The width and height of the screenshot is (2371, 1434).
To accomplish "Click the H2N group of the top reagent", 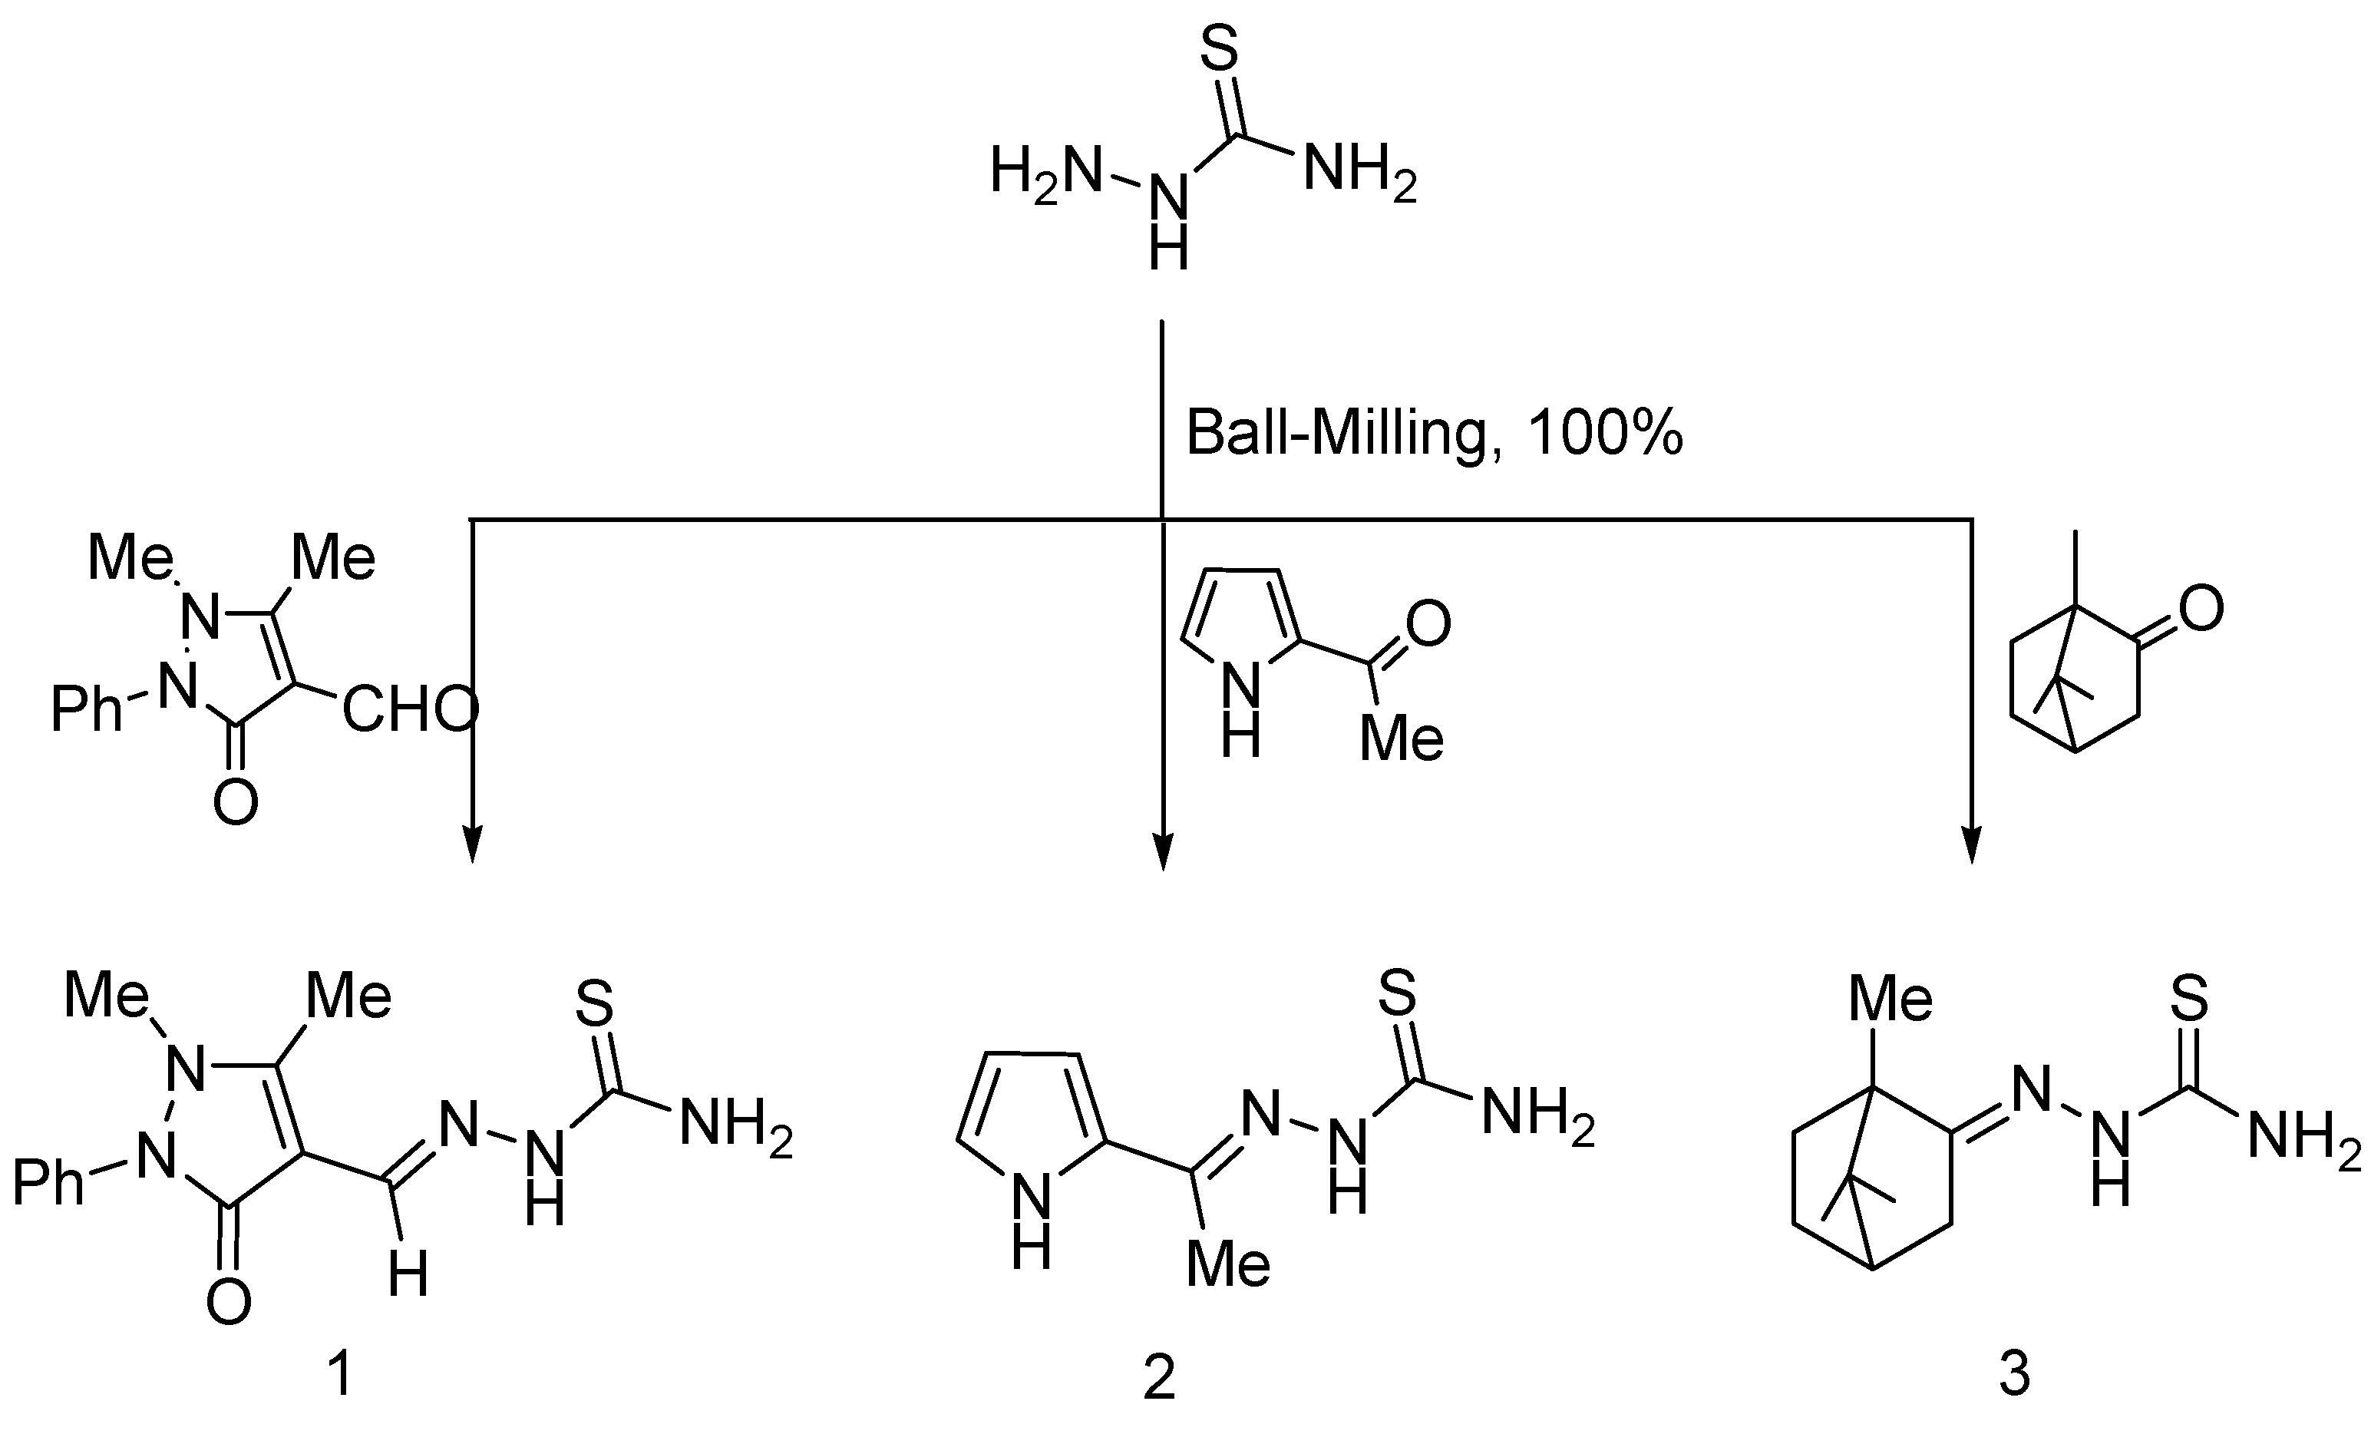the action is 1045,175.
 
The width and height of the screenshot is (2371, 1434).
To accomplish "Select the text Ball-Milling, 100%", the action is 1434,433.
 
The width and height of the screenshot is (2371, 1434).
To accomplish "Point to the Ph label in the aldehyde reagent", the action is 87,709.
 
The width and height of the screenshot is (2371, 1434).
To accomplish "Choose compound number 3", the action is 2015,1374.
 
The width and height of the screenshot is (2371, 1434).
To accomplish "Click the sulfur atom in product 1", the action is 594,1004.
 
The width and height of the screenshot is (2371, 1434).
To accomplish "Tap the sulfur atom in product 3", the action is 2190,998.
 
